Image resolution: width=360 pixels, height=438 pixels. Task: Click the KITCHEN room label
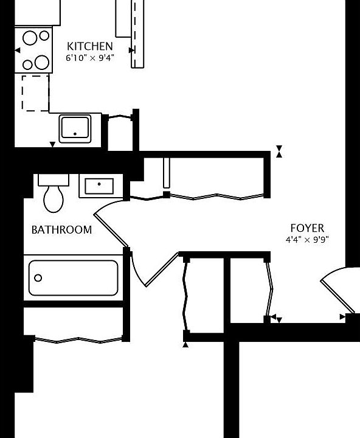point(89,46)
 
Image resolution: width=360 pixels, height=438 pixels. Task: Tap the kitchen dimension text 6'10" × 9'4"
point(89,58)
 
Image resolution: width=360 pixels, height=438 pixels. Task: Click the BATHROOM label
point(61,230)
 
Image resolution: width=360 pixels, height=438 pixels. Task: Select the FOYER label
point(307,228)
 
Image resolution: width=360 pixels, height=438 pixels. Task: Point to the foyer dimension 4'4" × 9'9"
point(307,240)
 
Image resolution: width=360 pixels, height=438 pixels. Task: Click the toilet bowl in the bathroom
point(54,199)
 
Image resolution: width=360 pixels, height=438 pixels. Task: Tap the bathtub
point(73,278)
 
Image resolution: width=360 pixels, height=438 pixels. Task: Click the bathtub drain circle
point(38,278)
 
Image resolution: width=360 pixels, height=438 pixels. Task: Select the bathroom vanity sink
point(100,186)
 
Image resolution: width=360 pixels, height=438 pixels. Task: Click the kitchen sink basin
point(75,128)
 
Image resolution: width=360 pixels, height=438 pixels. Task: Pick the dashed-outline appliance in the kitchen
point(35,93)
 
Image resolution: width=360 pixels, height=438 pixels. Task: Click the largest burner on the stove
point(42,61)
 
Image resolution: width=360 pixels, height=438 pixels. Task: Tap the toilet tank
point(55,180)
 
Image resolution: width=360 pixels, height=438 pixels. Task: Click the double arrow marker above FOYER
point(279,151)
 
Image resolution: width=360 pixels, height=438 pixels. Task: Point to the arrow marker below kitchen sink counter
point(53,144)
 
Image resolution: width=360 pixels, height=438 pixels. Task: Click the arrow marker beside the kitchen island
point(131,50)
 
